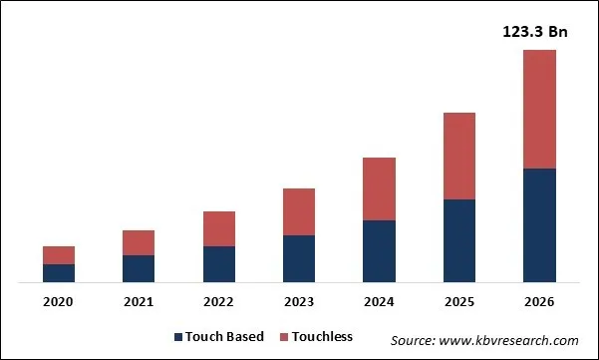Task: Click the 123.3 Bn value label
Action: [534, 32]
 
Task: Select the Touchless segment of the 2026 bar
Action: [539, 109]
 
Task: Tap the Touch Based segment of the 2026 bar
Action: [539, 225]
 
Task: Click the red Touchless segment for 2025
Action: [459, 156]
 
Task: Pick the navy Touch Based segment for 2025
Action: [459, 241]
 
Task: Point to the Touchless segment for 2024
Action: [379, 188]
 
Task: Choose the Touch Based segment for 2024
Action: [379, 251]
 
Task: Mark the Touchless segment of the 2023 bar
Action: [299, 211]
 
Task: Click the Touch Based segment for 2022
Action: [219, 264]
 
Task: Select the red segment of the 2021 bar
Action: [139, 242]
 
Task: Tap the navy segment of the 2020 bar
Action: [59, 273]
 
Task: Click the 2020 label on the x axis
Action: [59, 302]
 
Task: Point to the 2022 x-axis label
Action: [219, 302]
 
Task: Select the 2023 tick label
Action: [299, 302]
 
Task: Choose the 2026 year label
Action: [539, 302]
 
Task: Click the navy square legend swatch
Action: [178, 337]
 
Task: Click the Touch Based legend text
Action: [225, 337]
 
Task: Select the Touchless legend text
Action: [322, 337]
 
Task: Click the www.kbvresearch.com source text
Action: [484, 340]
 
